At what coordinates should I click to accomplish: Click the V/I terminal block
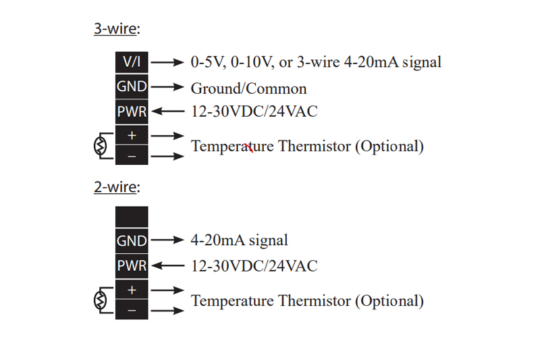(x=132, y=62)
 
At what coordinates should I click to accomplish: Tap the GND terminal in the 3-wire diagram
(x=132, y=86)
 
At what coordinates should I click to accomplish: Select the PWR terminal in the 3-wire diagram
(x=132, y=111)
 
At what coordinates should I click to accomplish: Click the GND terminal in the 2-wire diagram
(x=132, y=240)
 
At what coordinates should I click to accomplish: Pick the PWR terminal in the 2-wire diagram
(x=132, y=265)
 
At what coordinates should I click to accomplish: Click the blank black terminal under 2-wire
(x=132, y=217)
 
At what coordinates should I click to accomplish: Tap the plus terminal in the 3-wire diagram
(x=132, y=135)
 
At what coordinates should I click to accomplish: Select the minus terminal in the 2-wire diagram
(x=132, y=310)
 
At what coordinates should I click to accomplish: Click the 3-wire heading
(x=117, y=28)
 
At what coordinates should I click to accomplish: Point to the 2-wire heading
(x=117, y=186)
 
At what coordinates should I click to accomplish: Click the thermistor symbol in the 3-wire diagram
(x=100, y=146)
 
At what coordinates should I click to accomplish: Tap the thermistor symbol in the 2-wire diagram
(x=100, y=301)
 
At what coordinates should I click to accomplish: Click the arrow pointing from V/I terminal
(x=167, y=62)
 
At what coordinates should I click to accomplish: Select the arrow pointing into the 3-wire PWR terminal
(x=167, y=111)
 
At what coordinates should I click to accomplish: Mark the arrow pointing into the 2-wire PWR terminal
(x=167, y=265)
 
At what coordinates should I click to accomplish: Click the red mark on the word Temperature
(x=249, y=147)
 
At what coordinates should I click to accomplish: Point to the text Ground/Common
(x=248, y=88)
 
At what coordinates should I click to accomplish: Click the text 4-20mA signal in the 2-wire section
(x=240, y=240)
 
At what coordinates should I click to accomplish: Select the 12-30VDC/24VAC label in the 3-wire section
(x=254, y=111)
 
